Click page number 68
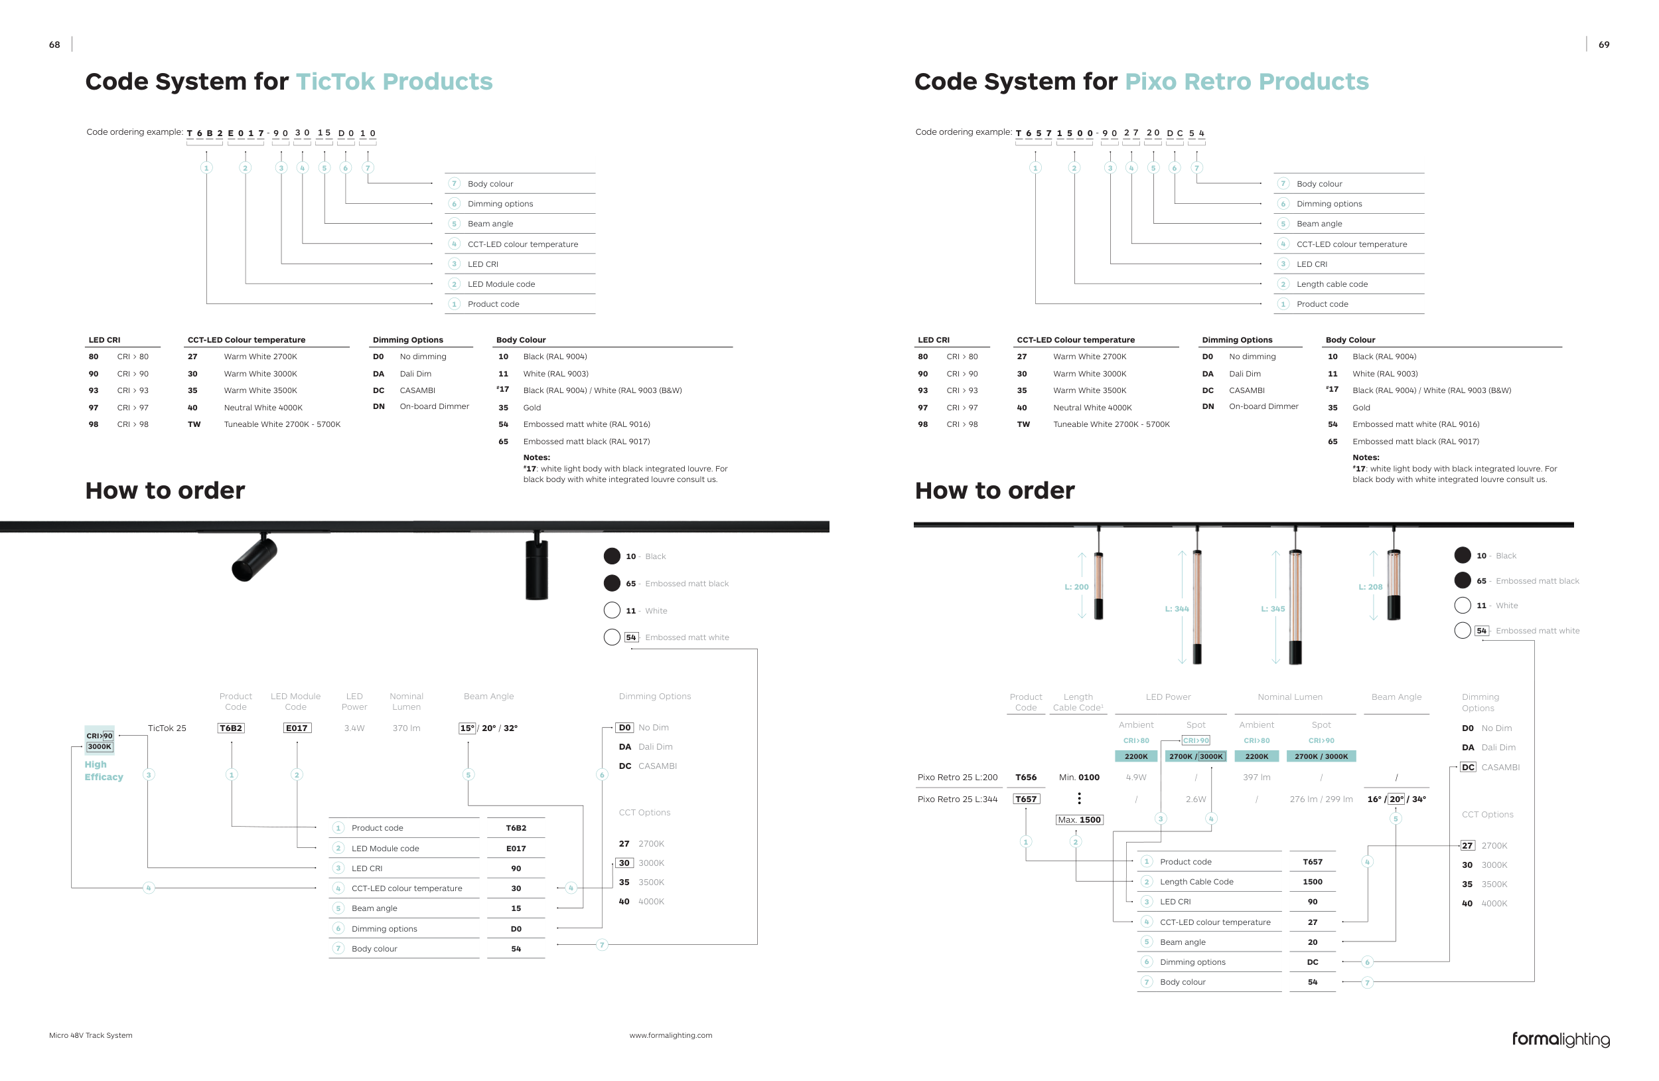54,44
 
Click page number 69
1603,44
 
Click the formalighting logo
1560,1039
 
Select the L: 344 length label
1177,608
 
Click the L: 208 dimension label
1370,586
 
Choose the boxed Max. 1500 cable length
1078,819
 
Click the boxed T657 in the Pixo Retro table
1025,799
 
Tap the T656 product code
1025,777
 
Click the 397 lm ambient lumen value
1256,777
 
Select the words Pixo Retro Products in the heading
1246,82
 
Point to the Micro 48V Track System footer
91,1035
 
